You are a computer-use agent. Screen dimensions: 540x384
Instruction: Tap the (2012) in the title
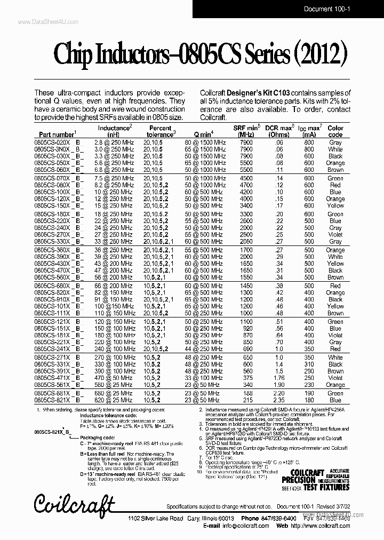coord(320,55)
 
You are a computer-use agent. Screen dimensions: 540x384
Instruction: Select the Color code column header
coord(335,131)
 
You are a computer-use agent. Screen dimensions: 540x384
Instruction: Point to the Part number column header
coord(57,135)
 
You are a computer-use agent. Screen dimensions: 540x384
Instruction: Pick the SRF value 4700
coord(246,185)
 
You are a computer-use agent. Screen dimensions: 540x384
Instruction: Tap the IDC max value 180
coord(309,393)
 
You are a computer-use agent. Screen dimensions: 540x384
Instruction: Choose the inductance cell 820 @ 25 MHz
coord(113,400)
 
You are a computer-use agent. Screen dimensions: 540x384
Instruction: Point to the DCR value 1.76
coord(279,378)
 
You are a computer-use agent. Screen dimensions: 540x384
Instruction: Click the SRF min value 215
coord(246,400)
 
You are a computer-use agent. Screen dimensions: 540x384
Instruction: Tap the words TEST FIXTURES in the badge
coord(326,487)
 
